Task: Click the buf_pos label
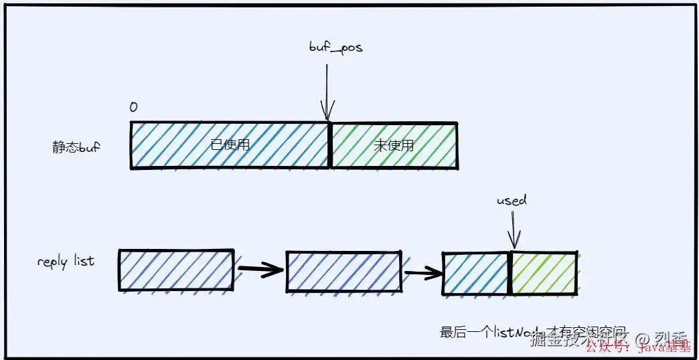(335, 48)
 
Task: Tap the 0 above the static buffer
(134, 108)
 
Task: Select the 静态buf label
(76, 147)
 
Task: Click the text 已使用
(230, 145)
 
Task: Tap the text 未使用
(394, 145)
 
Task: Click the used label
(512, 200)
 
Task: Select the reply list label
(66, 261)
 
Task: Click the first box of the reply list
(176, 270)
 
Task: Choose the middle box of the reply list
(343, 272)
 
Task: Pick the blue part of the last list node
(476, 273)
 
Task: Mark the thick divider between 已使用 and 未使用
(329, 146)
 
